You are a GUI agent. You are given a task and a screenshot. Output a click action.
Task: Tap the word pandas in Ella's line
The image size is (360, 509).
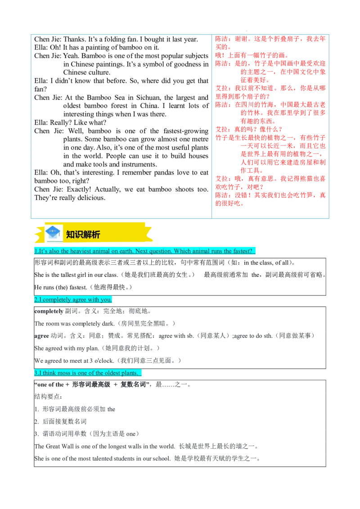point(164,172)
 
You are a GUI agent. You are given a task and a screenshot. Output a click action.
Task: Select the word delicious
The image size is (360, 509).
point(90,198)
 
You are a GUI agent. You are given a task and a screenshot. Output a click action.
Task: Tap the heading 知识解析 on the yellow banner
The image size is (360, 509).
point(83,234)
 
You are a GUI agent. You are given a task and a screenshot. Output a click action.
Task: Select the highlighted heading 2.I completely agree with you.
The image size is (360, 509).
point(73,299)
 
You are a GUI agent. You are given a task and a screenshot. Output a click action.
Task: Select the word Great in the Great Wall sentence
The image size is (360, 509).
point(53,446)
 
